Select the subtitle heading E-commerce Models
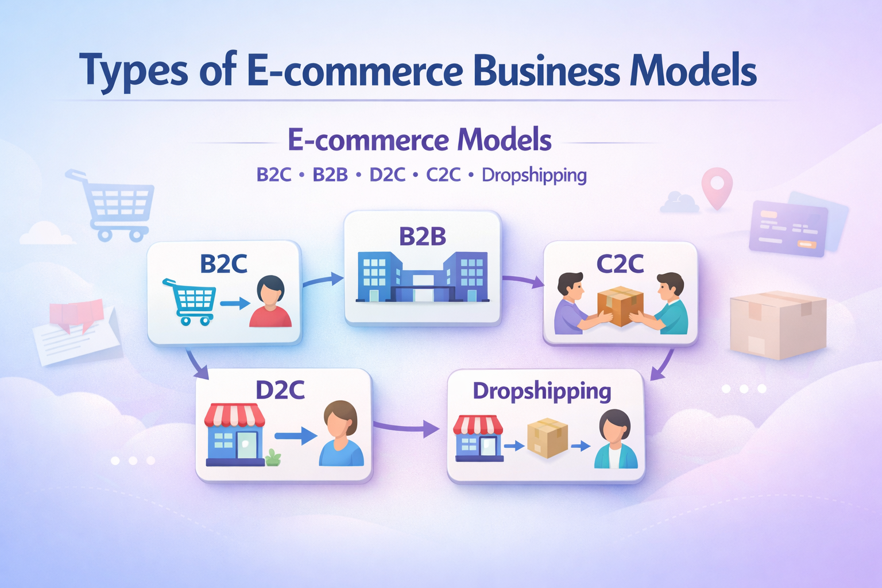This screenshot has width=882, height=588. coord(419,140)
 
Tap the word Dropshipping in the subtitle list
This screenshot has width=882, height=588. coord(534,175)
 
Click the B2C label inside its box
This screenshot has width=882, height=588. coord(223,264)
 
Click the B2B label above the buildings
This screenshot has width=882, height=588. coord(422,237)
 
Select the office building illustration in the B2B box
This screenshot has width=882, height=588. coord(423,277)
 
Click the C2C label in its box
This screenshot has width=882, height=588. coord(620,264)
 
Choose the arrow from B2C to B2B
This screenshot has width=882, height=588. coord(322,280)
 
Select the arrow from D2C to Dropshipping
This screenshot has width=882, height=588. coord(407,427)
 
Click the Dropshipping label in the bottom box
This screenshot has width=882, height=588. coord(541,391)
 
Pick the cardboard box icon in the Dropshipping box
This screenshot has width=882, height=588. coord(547,438)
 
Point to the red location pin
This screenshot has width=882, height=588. coord(717,187)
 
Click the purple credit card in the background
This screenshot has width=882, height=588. coord(788,228)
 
